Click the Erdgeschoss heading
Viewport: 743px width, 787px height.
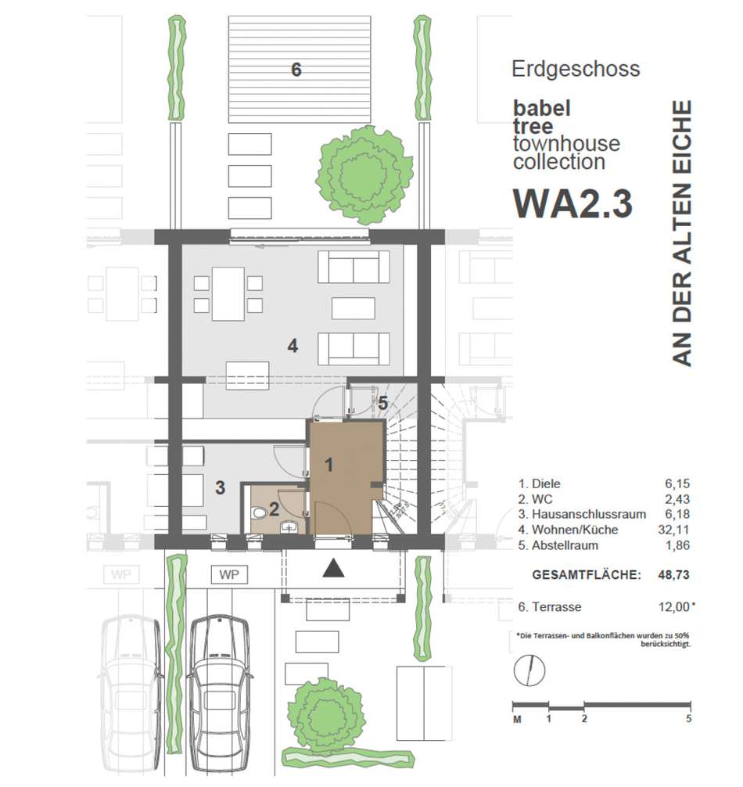click(x=576, y=70)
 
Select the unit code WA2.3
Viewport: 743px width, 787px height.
click(x=573, y=203)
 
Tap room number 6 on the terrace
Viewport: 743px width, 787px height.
click(x=296, y=70)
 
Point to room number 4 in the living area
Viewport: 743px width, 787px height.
click(x=293, y=346)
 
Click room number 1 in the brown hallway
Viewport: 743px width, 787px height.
click(x=329, y=465)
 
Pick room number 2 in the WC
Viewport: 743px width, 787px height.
click(x=274, y=509)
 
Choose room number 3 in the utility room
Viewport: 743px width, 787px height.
click(x=221, y=487)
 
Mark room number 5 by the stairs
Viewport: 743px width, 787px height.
click(x=383, y=403)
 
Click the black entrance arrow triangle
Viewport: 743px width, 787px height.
click(x=334, y=568)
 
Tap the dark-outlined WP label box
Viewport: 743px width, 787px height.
click(x=229, y=575)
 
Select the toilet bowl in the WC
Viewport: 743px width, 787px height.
click(x=260, y=513)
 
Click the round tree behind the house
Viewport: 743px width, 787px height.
click(x=364, y=174)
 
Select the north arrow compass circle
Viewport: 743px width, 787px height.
click(x=529, y=670)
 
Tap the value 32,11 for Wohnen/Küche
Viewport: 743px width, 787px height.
click(x=673, y=530)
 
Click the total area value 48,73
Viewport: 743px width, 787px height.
click(x=673, y=575)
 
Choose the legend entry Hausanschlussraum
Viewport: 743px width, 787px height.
click(x=589, y=515)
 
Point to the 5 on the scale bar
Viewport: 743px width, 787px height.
click(x=689, y=719)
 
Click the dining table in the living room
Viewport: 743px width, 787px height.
click(x=228, y=294)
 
